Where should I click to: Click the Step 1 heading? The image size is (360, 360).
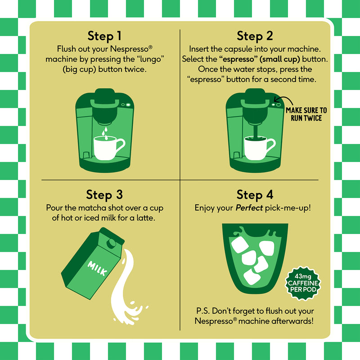[104, 36]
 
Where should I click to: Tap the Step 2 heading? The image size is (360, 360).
[255, 36]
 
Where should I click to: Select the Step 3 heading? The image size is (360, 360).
[104, 195]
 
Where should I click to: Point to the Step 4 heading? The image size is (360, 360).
[255, 195]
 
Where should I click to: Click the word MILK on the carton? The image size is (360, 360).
[97, 268]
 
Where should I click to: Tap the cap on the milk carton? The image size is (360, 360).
[112, 243]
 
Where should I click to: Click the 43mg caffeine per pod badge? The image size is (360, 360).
[303, 283]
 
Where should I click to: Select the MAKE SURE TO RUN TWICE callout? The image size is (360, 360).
[306, 114]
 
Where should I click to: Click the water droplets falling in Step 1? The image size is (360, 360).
[105, 133]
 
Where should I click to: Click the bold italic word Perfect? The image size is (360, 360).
[249, 208]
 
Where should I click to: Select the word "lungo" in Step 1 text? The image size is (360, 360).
[152, 59]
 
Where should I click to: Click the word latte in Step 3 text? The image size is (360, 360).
[145, 218]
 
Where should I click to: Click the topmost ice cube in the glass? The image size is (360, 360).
[240, 244]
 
